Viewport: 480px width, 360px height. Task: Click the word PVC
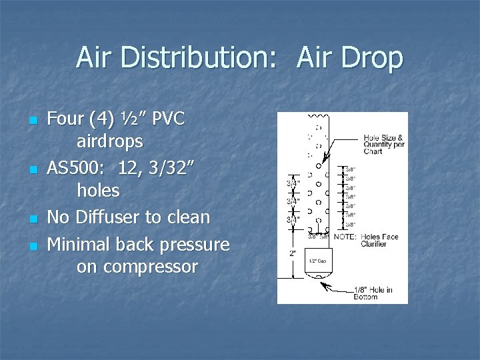(x=170, y=119)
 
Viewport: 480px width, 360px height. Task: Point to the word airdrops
(x=110, y=141)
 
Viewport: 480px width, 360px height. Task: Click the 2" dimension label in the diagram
(x=292, y=253)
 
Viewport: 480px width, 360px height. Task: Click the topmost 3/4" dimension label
(x=293, y=183)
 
